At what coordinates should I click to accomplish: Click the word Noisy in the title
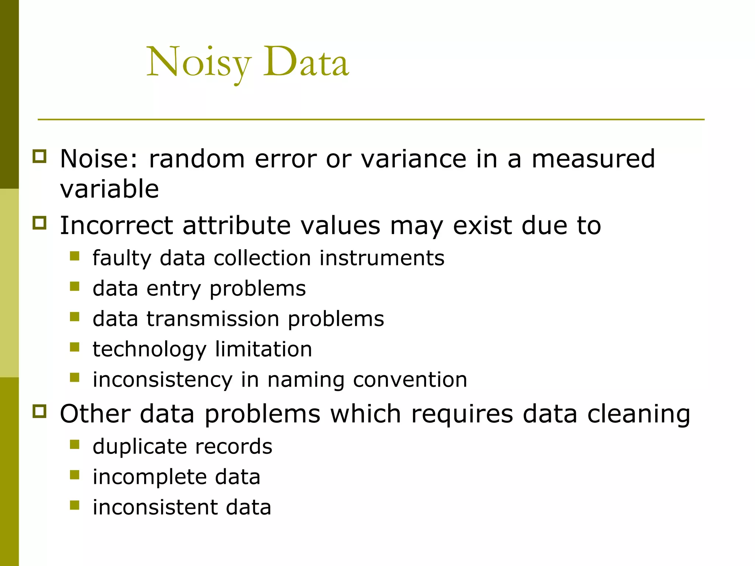tap(199, 63)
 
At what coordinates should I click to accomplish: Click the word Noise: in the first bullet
tap(99, 159)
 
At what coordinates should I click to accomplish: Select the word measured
tap(593, 159)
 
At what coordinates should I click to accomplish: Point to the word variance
tap(413, 159)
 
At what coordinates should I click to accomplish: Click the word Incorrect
tap(116, 225)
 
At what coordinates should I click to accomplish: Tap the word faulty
tap(122, 258)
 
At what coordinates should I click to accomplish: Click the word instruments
tap(382, 258)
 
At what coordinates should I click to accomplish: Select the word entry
tap(174, 289)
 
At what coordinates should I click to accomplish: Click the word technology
tap(149, 349)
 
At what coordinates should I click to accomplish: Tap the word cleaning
tap(639, 414)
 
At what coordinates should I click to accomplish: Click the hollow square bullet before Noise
tap(39, 156)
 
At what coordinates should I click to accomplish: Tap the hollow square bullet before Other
tap(39, 411)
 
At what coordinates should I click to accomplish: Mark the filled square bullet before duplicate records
tap(74, 444)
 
